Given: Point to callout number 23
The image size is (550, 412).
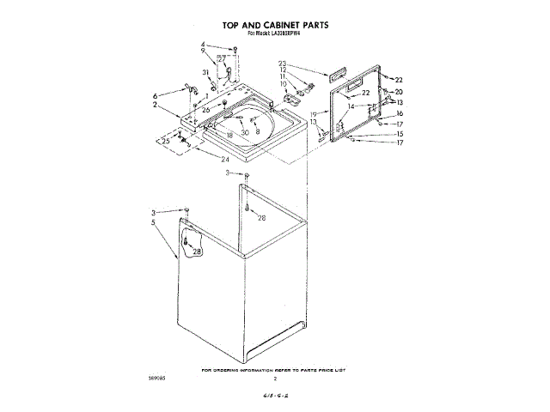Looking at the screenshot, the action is coord(282,64).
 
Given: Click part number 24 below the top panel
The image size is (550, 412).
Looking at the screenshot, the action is coord(225,159).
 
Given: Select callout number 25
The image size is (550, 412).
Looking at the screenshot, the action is coord(166,140).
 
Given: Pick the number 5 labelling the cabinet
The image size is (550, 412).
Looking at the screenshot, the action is coord(154,222).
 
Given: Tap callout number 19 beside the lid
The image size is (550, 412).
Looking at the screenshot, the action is coord(314,114).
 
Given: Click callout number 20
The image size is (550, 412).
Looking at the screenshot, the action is coord(398,92).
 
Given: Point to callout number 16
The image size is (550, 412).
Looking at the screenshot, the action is coord(399,113).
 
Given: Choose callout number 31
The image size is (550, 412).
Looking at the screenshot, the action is coord(205,72).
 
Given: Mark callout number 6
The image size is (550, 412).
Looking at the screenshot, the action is coord(155,95).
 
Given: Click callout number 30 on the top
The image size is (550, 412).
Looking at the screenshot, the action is coord(245,132).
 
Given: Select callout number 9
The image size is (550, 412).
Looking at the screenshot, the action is coord(204,51).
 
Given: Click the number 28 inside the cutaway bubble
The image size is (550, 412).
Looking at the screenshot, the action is coord(197,251).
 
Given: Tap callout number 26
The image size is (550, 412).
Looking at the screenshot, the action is coord(206,110).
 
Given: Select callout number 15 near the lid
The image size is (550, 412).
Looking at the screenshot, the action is coord(399,135).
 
